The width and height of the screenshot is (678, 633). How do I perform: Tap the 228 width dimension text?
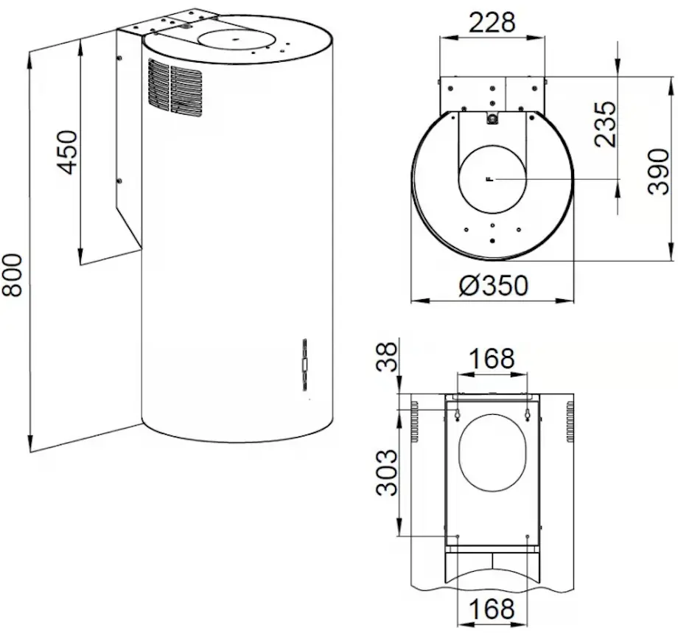click(x=492, y=23)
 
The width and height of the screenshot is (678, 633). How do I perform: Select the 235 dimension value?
click(x=605, y=124)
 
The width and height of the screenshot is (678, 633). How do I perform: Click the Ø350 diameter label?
click(x=492, y=285)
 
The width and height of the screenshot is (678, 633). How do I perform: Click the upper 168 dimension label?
click(x=492, y=358)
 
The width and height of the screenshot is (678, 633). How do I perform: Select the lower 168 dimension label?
click(x=492, y=609)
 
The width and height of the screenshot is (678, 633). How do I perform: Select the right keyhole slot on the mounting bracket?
click(x=528, y=414)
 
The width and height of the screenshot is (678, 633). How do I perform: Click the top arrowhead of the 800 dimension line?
click(x=29, y=57)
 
